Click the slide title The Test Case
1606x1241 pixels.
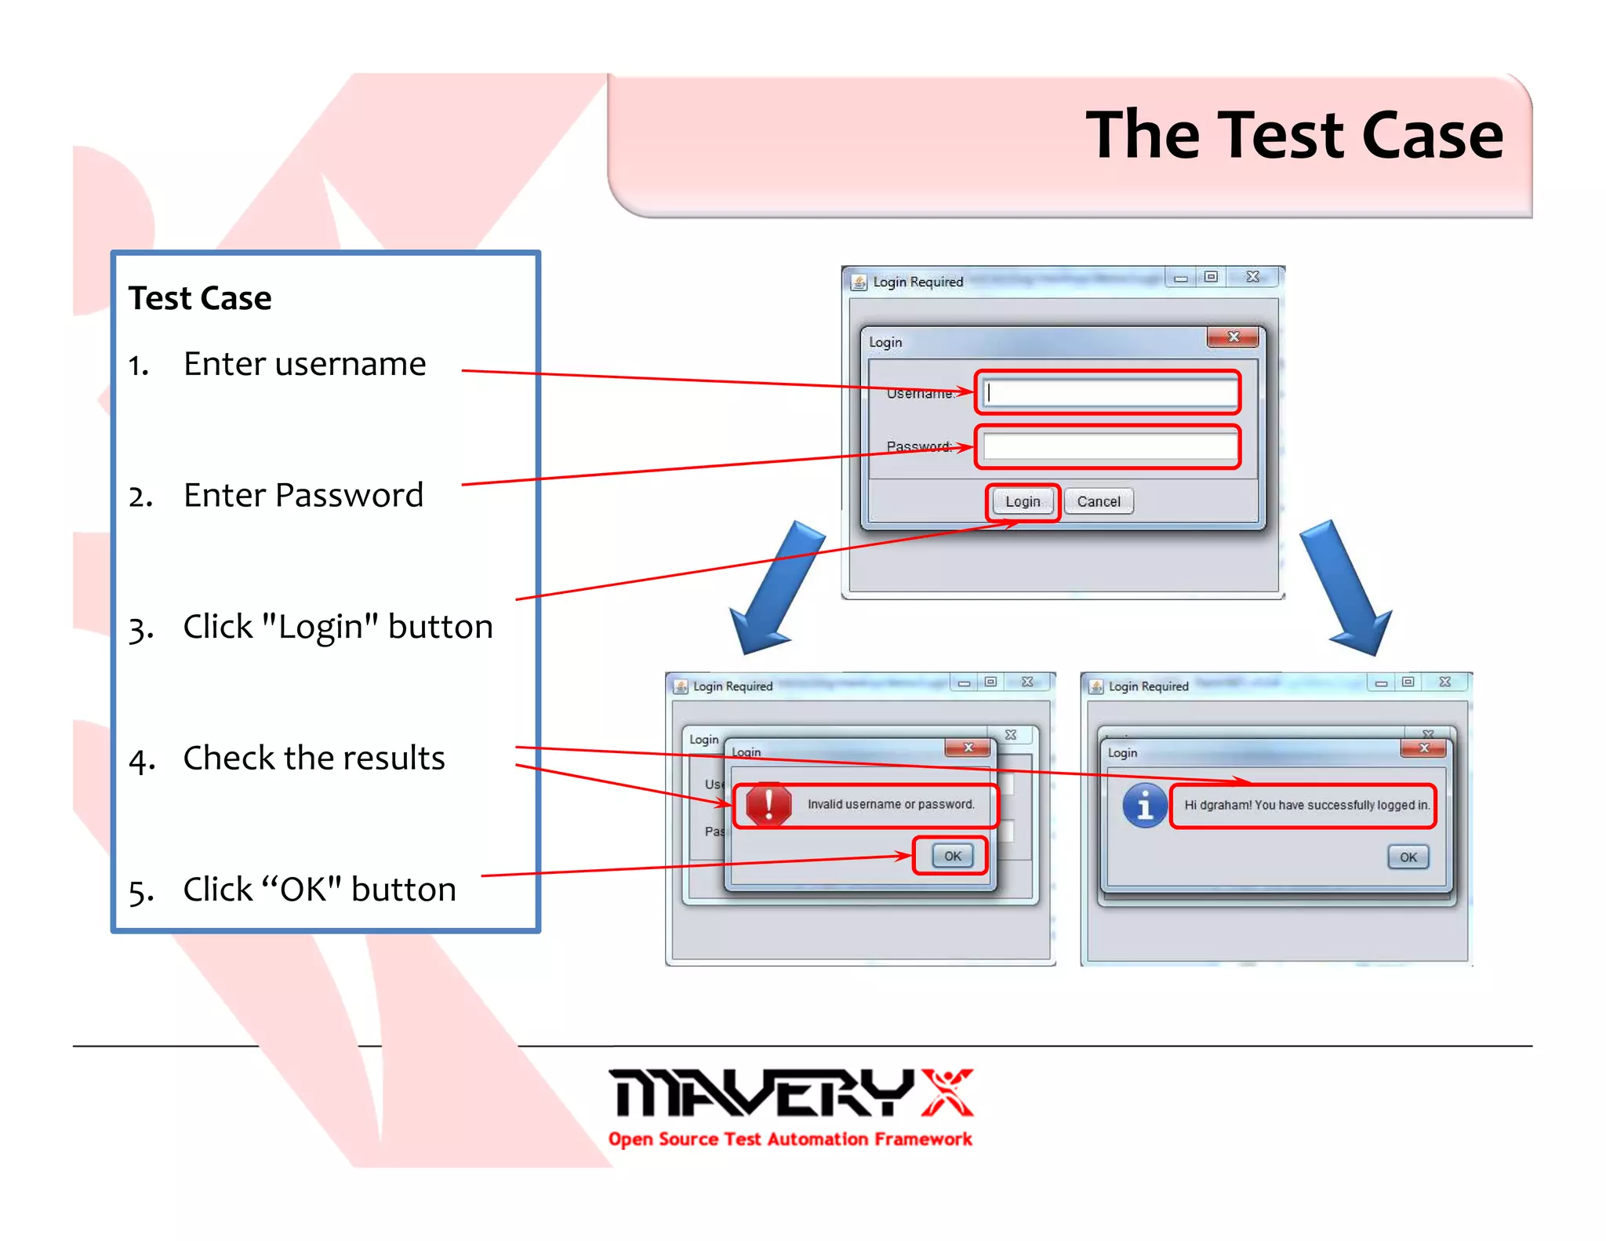[1294, 135]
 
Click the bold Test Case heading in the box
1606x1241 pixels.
[200, 298]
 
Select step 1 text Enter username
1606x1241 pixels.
[304, 364]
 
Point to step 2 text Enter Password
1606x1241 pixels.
[303, 495]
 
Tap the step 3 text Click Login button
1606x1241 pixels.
[337, 627]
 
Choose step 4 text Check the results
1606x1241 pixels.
[314, 758]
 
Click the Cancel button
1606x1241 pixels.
[1098, 501]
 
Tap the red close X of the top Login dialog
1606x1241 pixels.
[1233, 337]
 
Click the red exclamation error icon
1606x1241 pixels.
[768, 804]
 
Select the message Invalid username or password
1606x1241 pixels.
[891, 804]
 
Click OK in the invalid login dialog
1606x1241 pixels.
[952, 856]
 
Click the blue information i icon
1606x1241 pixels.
[1144, 805]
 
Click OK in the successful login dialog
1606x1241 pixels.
[1408, 857]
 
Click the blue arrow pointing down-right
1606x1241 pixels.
[1346, 588]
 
